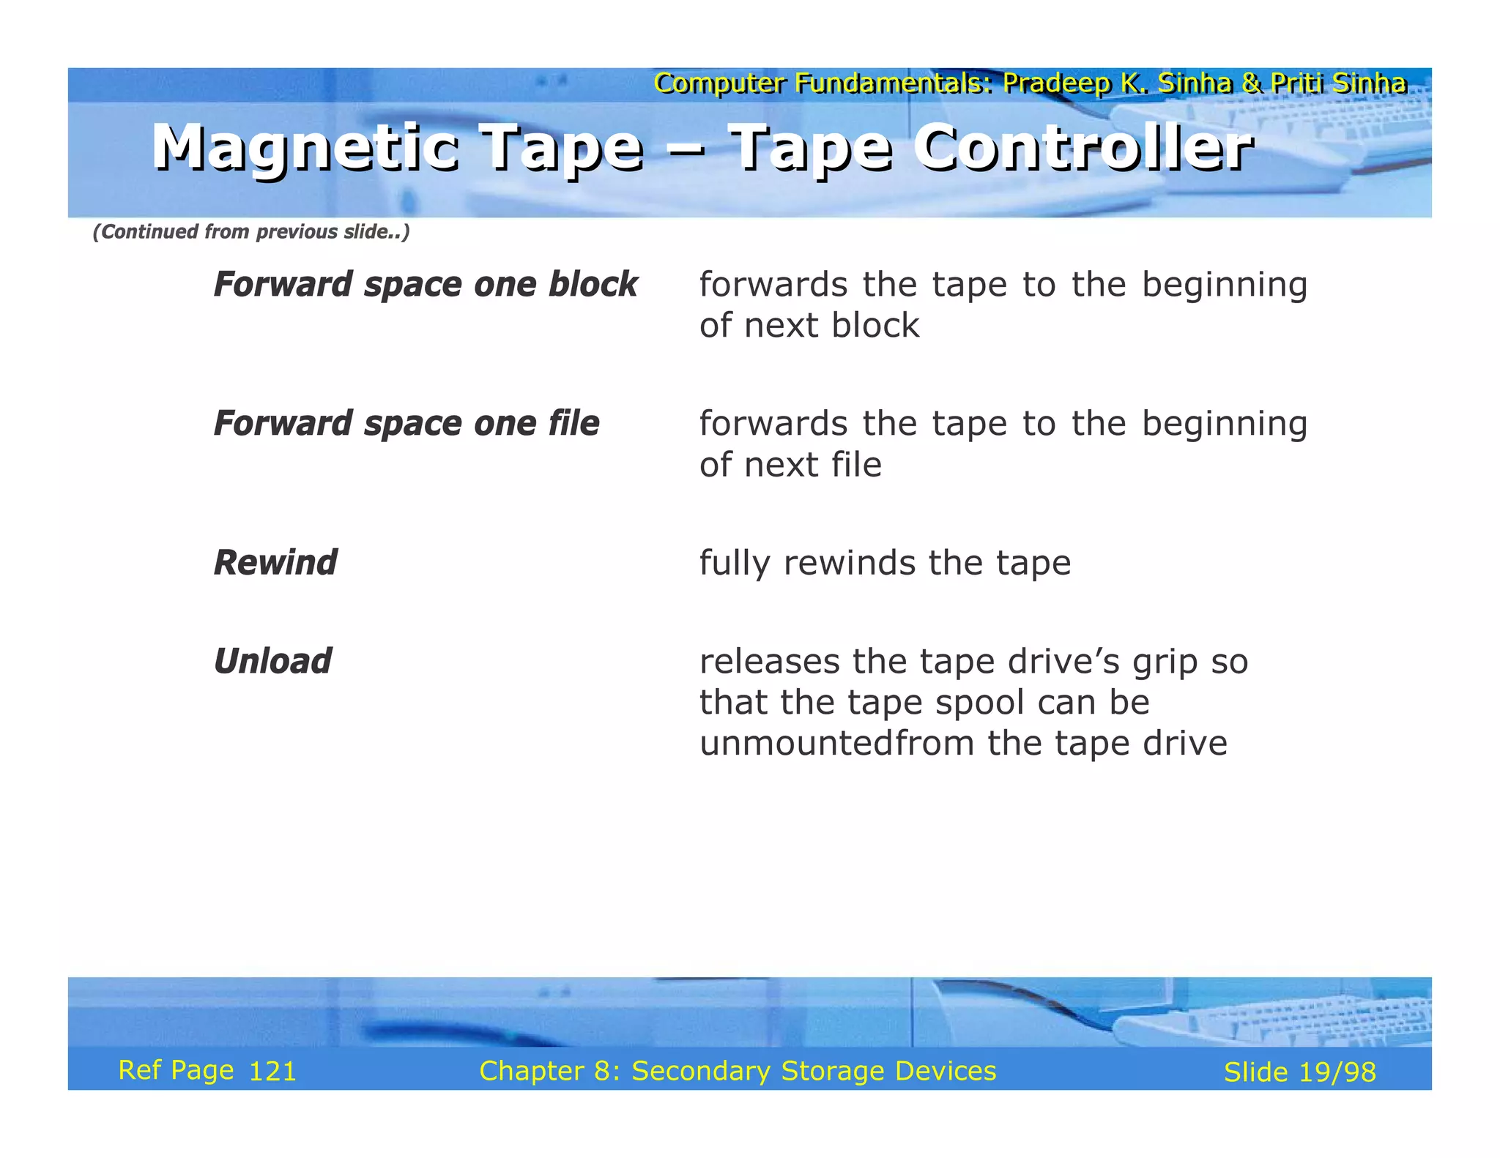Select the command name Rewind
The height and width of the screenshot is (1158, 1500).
click(x=275, y=563)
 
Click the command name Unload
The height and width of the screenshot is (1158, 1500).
click(x=272, y=662)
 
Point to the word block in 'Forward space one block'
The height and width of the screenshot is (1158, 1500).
click(x=593, y=285)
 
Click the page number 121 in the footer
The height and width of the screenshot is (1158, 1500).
click(x=272, y=1072)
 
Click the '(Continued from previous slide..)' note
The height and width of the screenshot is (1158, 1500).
click(x=251, y=232)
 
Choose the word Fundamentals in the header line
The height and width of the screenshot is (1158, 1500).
click(x=894, y=83)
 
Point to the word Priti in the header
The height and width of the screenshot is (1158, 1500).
click(x=1295, y=83)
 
